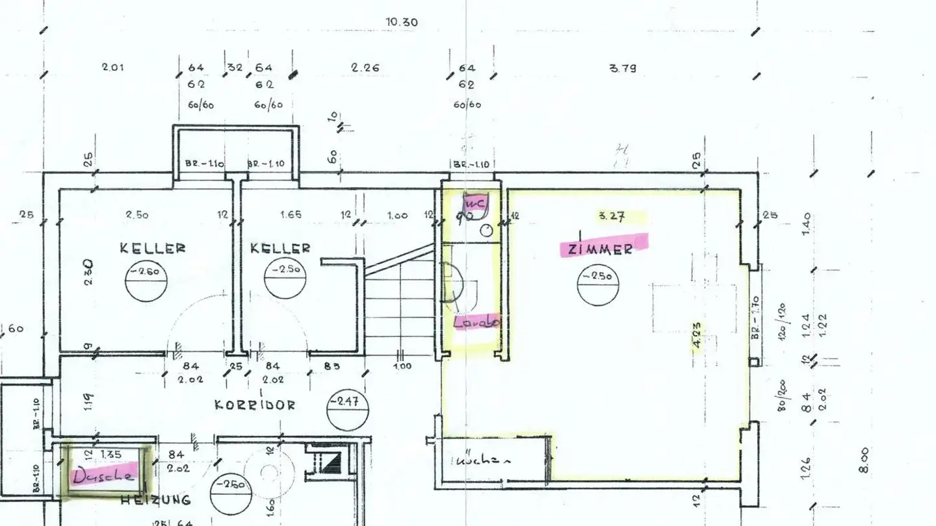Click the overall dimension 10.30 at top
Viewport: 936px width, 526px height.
pos(402,22)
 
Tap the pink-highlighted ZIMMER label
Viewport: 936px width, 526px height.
pos(603,247)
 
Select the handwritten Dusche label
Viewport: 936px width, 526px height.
pos(104,475)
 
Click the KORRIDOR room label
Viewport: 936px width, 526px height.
pos(255,405)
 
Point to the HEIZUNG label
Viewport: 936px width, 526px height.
pos(156,500)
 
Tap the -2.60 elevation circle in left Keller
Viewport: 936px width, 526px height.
pos(144,279)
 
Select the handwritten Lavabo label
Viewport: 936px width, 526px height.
pos(476,321)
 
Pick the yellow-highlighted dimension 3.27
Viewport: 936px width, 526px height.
pos(612,217)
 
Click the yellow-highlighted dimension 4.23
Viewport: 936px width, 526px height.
pos(696,336)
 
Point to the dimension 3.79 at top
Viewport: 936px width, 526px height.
pos(623,68)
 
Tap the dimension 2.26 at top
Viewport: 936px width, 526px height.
pos(365,68)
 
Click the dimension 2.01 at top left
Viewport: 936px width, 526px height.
pos(113,67)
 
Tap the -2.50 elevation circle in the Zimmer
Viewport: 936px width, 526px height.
pos(597,281)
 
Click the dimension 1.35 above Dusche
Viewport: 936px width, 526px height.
pos(111,455)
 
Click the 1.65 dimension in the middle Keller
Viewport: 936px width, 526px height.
pos(291,215)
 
